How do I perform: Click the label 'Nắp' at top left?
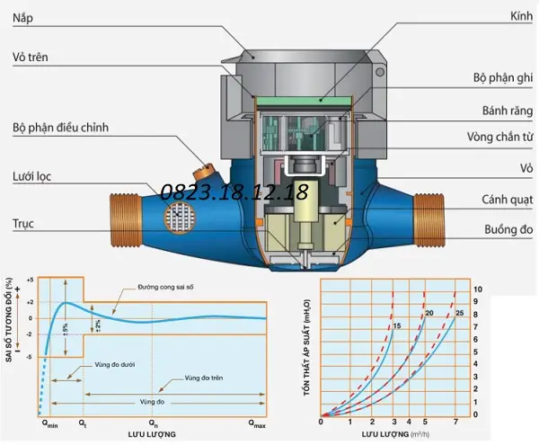click(22, 18)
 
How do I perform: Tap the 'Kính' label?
click(521, 16)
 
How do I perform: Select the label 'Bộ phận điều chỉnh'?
click(60, 128)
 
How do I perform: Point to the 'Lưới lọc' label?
click(31, 177)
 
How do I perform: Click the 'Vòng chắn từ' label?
click(499, 137)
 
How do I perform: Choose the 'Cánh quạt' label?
click(507, 200)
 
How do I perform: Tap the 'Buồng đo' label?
click(508, 229)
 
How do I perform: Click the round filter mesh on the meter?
click(181, 218)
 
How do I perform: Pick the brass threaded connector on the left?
click(126, 219)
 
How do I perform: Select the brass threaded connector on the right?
click(429, 219)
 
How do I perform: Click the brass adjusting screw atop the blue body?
click(204, 172)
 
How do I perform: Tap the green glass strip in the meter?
click(304, 101)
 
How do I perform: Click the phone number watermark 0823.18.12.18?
click(234, 191)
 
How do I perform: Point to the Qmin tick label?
click(49, 424)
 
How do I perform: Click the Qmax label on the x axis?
click(257, 424)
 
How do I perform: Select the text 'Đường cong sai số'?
click(165, 287)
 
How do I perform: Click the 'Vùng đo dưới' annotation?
click(114, 364)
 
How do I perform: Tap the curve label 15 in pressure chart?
click(397, 325)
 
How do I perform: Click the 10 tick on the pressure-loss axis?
click(478, 289)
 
